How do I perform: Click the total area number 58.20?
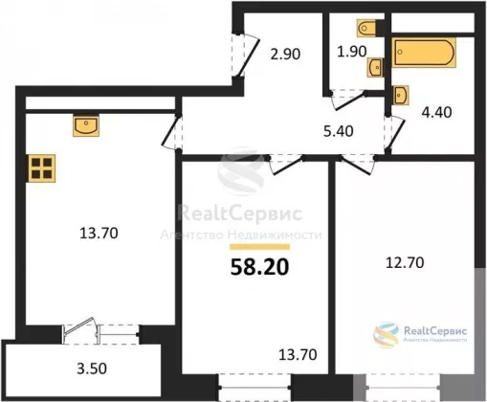pos(259,267)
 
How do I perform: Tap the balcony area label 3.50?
pos(92,368)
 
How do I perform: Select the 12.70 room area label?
pos(405,263)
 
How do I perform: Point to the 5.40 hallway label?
pos(339,131)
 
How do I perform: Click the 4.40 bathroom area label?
pos(436,112)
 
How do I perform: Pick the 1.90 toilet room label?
pos(352,52)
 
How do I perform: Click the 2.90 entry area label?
pos(285,54)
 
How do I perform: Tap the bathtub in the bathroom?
pos(424,53)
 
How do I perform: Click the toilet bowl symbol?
pos(367,28)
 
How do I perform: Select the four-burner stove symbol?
pos(42,168)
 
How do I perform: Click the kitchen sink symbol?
pos(86,125)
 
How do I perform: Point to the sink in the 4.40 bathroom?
pos(401,95)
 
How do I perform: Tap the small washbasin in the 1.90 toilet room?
pos(375,68)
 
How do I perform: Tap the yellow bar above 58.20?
pos(259,247)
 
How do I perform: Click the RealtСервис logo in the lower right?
pos(420,334)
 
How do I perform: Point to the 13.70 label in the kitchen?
pos(99,234)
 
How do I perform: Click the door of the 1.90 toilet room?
pos(347,100)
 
